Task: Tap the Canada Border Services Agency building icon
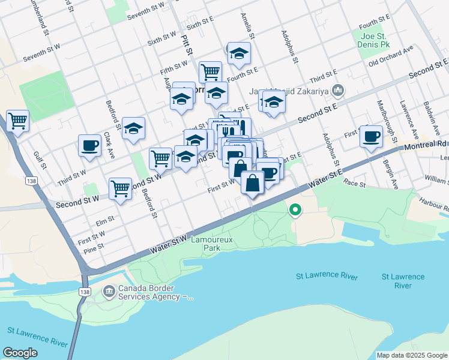coord(109,292)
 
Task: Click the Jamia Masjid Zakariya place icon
coord(337,91)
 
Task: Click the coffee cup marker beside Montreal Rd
coord(371,136)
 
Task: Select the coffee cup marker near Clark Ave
coord(90,145)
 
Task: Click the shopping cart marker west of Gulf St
coord(17,121)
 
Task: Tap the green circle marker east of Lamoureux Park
coord(294,210)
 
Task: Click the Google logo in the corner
coord(20,353)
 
